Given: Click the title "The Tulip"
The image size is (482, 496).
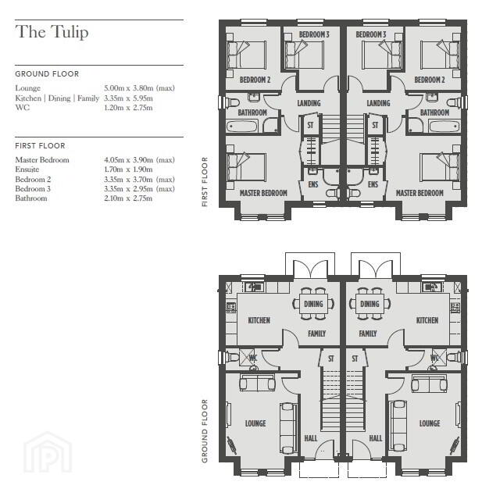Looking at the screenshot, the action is (52, 32).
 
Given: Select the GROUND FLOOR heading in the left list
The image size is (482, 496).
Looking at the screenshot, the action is (47, 74).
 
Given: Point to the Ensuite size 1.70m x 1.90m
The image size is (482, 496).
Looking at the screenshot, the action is (128, 169).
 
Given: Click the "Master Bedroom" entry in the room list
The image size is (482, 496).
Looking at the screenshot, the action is (42, 160).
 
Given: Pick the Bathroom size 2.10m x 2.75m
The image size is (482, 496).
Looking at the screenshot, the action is (128, 198).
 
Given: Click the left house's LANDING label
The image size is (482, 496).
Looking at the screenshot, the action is (309, 103).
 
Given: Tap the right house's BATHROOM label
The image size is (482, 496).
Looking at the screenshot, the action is (434, 112).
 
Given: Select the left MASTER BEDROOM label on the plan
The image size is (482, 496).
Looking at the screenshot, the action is (263, 193).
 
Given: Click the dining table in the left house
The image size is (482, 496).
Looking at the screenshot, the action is (313, 304).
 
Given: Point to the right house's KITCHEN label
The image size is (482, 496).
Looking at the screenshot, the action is (427, 320).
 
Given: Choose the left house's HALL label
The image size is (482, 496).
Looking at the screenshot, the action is (311, 438).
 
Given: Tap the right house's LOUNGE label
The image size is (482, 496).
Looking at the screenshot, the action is (430, 423).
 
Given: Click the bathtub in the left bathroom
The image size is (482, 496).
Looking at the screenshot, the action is (242, 127).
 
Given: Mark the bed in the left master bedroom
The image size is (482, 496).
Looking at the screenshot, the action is (247, 167).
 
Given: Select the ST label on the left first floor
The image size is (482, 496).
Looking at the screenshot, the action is (310, 125).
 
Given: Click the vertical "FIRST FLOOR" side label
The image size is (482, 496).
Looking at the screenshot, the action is (205, 182).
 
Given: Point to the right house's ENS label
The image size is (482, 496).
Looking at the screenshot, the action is (373, 184).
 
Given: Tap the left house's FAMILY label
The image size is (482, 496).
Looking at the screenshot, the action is (316, 334).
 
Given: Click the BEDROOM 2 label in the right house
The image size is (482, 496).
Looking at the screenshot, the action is (430, 80).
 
